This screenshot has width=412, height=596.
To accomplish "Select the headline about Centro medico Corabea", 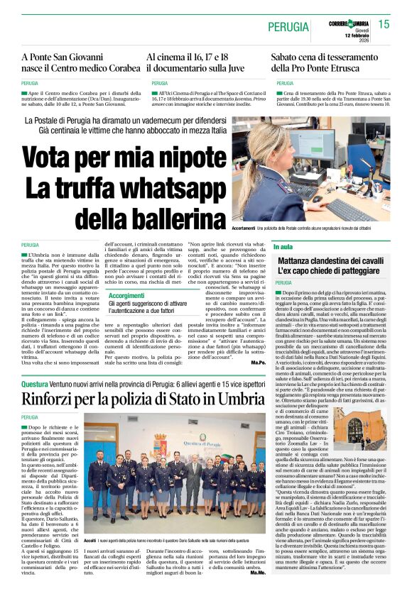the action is tap(80, 62).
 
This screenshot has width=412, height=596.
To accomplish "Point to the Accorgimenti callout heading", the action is tap(126, 294).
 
